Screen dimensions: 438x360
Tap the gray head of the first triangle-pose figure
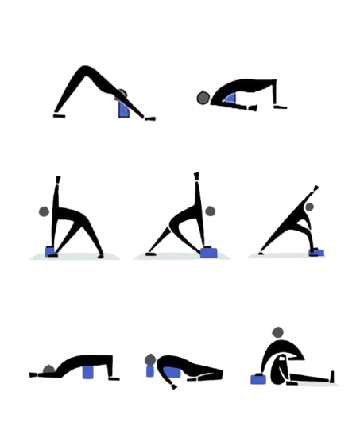(x=45, y=212)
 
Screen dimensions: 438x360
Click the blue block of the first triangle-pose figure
(x=51, y=252)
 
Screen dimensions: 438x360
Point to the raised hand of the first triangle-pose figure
(x=57, y=177)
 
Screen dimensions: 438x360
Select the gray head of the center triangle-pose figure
(x=210, y=212)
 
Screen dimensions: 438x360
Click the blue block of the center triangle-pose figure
(x=210, y=252)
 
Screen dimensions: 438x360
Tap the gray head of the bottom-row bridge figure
(x=49, y=369)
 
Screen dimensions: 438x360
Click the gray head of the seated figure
(x=277, y=332)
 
